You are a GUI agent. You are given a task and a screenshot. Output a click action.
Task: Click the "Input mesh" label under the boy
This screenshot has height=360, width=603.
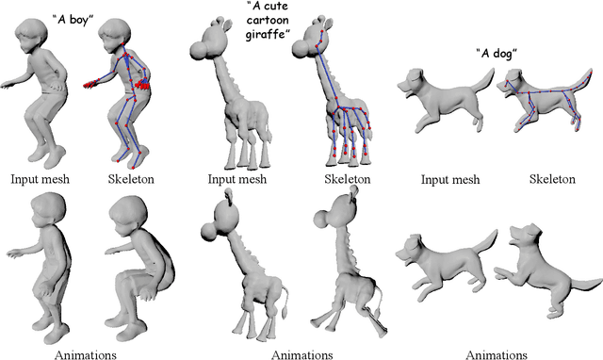[39, 177]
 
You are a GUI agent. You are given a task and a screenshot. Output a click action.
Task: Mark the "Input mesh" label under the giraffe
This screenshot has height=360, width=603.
[247, 177]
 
